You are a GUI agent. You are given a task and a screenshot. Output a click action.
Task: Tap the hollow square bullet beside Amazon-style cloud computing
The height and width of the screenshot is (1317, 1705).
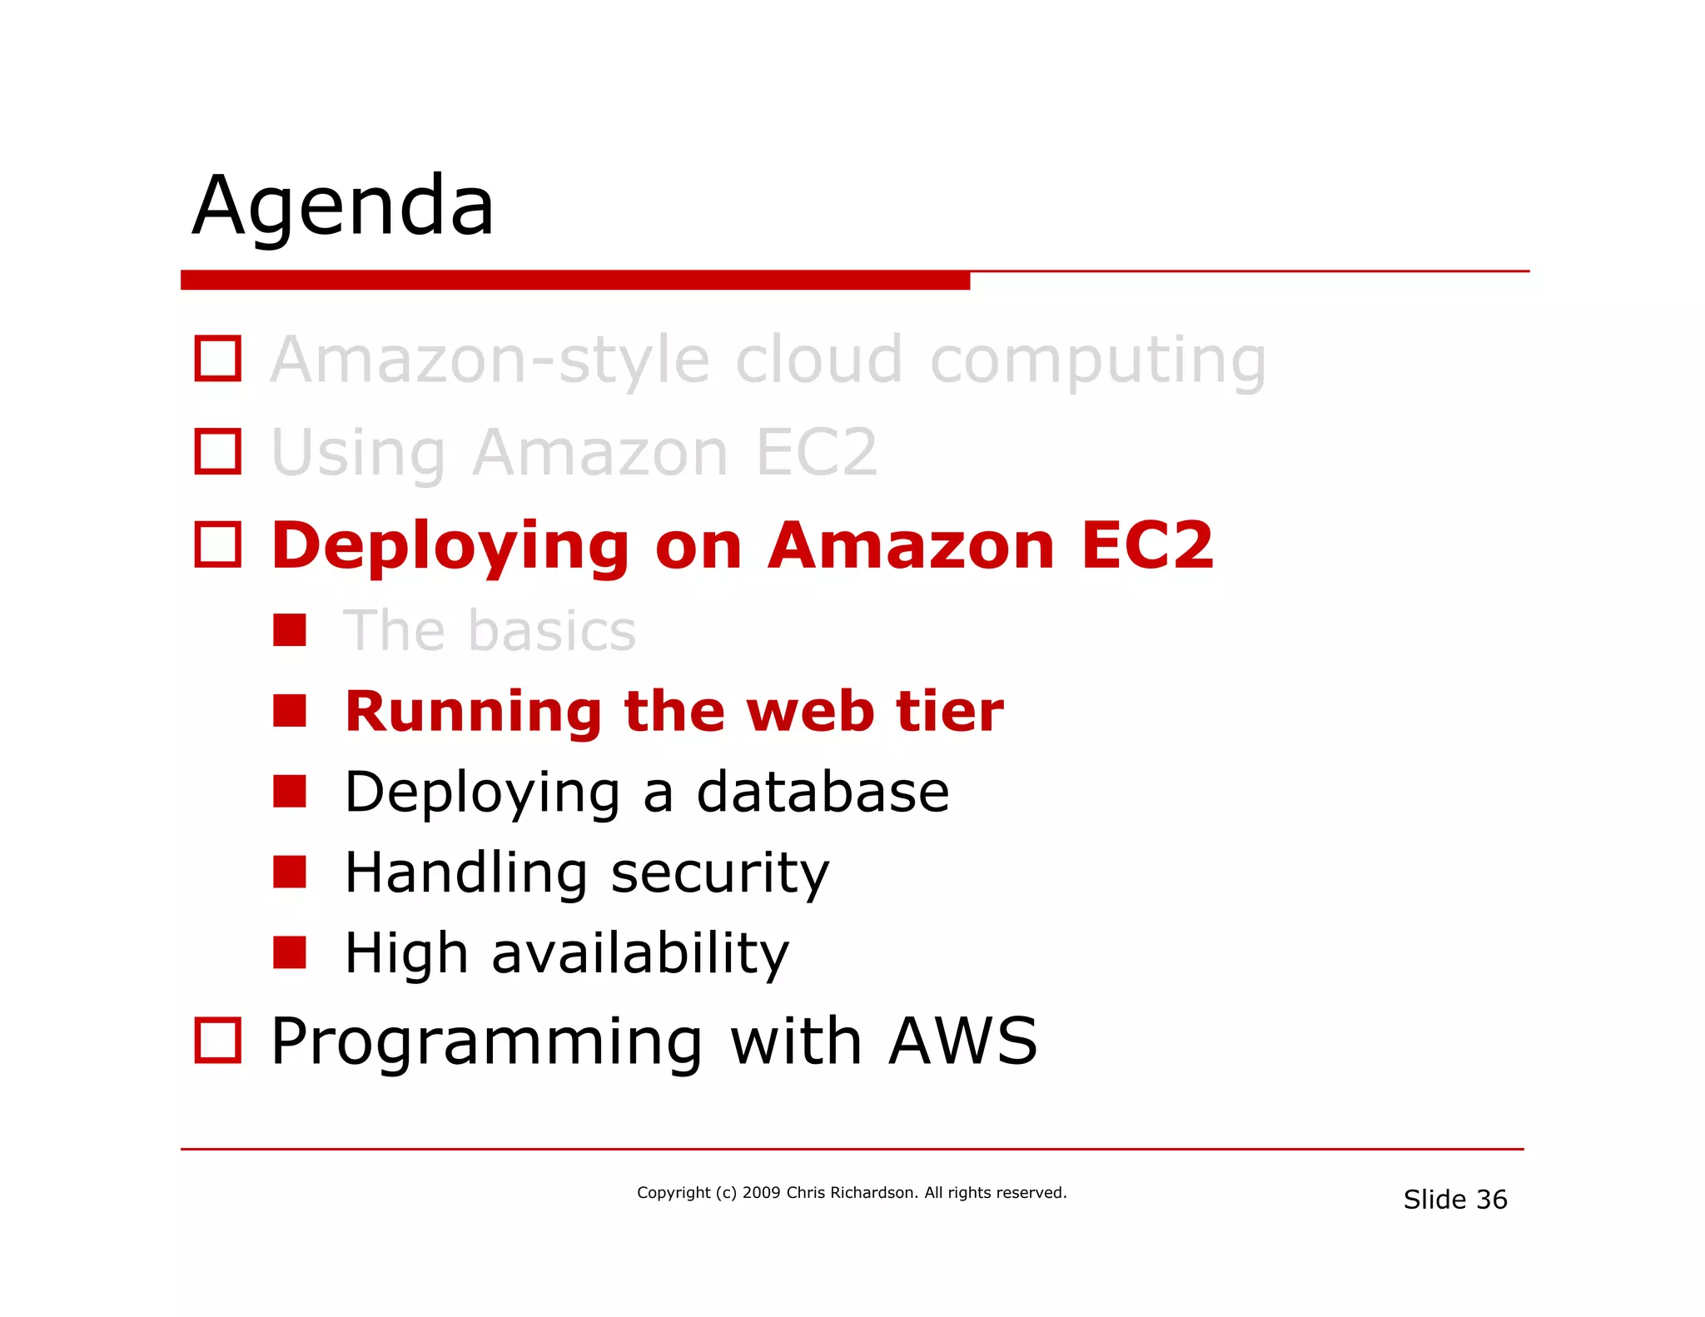click(218, 359)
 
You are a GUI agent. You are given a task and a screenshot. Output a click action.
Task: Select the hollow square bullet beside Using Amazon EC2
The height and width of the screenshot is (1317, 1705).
click(218, 452)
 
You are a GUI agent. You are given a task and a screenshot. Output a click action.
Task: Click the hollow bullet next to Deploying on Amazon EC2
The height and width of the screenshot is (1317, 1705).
click(218, 544)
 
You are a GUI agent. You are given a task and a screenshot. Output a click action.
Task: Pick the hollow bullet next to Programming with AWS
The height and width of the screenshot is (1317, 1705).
click(218, 1040)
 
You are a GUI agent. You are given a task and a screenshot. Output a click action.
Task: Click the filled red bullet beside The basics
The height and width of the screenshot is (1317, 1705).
click(290, 630)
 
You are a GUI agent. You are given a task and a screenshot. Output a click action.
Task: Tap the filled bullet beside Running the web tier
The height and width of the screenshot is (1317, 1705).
click(290, 711)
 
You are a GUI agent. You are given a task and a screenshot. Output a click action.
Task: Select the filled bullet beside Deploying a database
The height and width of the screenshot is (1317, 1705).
click(290, 792)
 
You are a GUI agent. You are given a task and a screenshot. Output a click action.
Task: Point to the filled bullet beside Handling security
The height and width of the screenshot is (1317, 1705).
click(290, 872)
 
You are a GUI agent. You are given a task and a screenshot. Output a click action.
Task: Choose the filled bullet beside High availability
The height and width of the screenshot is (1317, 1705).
click(290, 952)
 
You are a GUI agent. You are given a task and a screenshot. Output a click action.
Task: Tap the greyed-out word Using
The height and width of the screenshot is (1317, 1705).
click(358, 455)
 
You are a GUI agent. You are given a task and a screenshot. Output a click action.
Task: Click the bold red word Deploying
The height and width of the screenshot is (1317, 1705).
click(450, 548)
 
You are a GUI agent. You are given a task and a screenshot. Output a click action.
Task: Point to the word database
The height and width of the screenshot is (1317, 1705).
click(823, 792)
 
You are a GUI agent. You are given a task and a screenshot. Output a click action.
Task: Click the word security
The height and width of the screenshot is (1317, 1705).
click(720, 874)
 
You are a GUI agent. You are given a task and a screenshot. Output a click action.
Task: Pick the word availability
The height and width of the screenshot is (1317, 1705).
click(640, 954)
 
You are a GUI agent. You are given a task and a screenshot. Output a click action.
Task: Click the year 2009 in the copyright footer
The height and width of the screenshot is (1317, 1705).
click(761, 1192)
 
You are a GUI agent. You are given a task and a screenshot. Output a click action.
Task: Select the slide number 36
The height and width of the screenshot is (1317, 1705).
click(1491, 1200)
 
